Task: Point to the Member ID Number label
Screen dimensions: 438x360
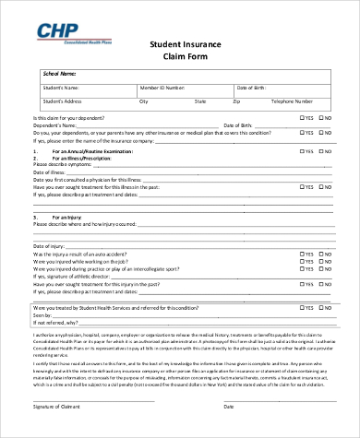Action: point(161,87)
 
